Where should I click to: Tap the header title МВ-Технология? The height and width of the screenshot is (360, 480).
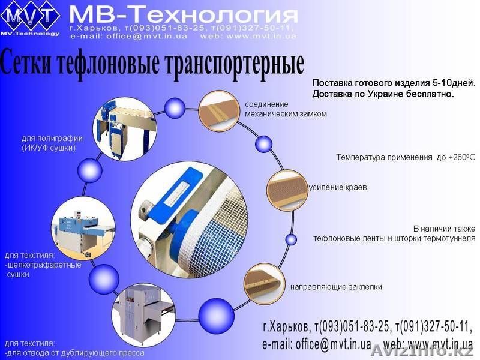point(183,13)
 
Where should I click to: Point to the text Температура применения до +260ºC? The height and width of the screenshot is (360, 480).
point(405,157)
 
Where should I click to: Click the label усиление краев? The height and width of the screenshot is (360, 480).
point(338,187)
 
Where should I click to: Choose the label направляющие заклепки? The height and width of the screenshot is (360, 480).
point(336,287)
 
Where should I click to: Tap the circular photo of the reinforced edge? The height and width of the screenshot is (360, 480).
point(287,190)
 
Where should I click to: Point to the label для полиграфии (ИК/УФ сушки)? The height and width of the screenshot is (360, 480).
point(52,143)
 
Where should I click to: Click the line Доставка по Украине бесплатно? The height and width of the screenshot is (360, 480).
point(383,94)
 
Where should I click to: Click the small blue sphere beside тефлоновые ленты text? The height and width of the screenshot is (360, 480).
point(291,239)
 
